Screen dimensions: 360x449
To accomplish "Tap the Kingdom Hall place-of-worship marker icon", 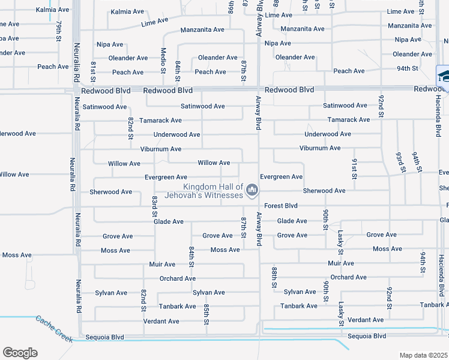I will pos(253,191).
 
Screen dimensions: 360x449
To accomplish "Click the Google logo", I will pos(20,353).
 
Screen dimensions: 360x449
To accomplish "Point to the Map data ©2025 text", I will pos(424,355).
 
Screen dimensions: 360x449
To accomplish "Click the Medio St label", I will pos(163,60).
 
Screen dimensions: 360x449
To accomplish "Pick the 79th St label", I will pos(59,29).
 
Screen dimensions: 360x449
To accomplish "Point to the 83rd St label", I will pos(154,206).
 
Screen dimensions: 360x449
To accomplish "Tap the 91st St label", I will pos(354,169).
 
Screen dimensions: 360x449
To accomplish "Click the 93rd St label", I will pos(398,161).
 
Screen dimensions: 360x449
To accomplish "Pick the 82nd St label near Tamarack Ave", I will pos(130,128).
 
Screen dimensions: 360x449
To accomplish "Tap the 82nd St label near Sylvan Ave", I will pos(144,299).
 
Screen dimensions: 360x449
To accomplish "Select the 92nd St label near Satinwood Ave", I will pos(381,105).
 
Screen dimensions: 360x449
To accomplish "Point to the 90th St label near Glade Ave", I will pos(325,220).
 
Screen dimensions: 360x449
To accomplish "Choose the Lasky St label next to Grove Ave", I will pos(340,241).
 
